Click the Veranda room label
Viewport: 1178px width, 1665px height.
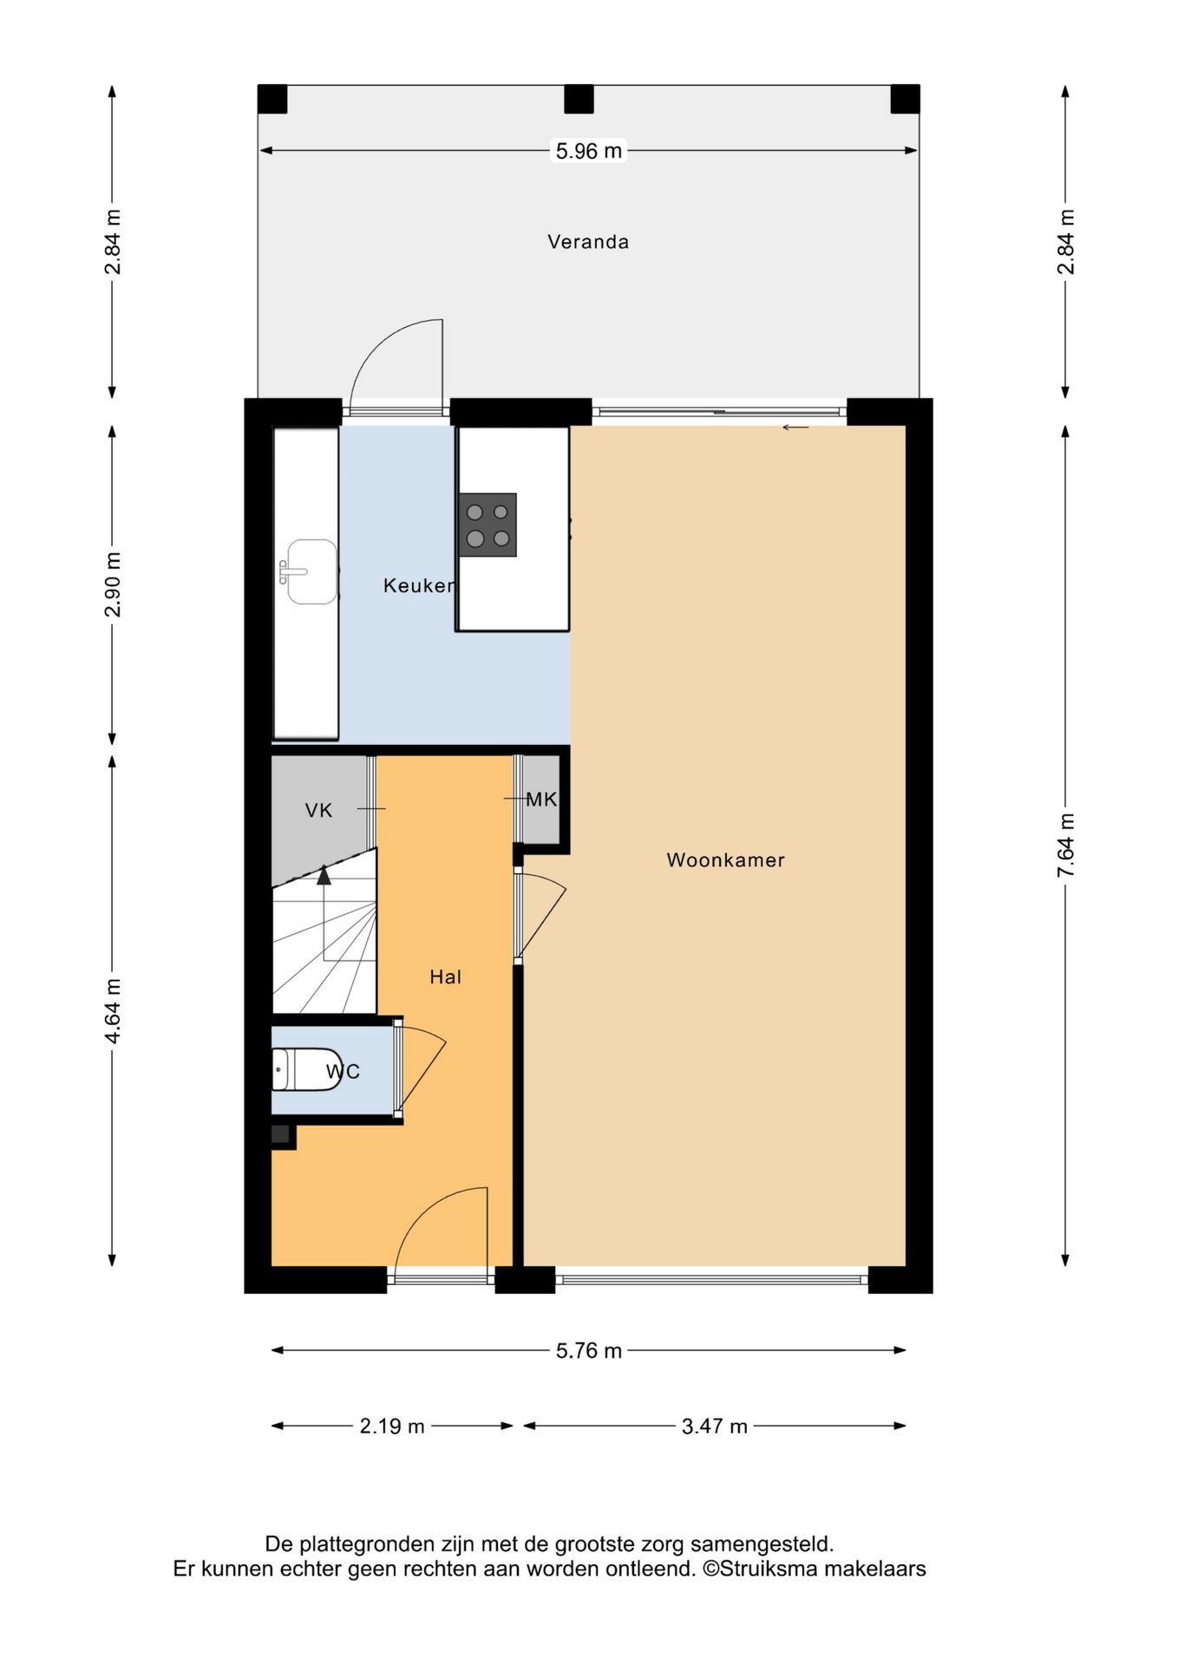[588, 242]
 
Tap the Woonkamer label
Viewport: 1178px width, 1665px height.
[725, 860]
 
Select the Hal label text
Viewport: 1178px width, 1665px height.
[446, 977]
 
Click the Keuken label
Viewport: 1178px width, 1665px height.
[420, 585]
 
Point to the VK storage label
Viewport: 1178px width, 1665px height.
[318, 811]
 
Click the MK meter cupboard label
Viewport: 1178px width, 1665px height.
[541, 800]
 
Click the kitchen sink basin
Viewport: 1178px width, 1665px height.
[311, 571]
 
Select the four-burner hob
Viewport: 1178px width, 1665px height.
[488, 526]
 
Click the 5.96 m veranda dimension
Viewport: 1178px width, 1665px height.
[589, 151]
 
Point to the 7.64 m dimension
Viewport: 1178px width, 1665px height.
[1066, 846]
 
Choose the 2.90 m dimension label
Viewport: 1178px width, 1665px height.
[113, 584]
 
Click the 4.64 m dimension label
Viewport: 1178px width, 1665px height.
[113, 1011]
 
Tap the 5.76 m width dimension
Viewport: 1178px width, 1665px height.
[589, 1351]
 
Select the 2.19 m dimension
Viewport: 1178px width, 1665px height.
[392, 1427]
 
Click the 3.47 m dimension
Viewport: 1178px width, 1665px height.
[715, 1427]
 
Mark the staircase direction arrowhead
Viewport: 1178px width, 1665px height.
[324, 875]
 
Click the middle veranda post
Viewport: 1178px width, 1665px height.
[579, 99]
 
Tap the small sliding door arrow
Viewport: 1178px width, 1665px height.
[795, 428]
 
